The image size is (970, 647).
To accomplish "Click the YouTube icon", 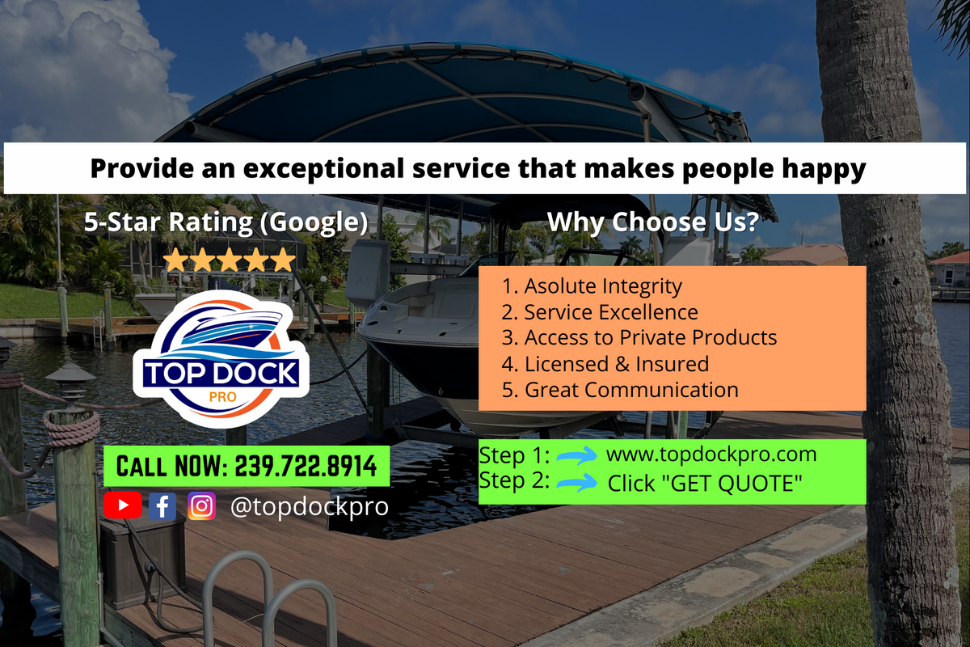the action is click(123, 505).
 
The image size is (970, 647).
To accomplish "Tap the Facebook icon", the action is click(162, 505).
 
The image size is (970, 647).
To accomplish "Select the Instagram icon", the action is click(201, 505).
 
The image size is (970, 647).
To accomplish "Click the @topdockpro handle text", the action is click(310, 506).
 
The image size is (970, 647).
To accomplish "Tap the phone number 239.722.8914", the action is click(306, 467).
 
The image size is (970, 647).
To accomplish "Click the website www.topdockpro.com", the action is click(711, 455).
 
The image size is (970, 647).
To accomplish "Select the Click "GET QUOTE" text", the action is click(705, 483).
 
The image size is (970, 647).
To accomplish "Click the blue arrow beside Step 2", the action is click(576, 482).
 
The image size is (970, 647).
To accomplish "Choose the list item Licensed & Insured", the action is click(605, 364).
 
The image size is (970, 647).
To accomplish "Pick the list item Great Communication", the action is click(620, 390).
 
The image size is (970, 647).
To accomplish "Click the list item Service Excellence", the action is click(600, 312).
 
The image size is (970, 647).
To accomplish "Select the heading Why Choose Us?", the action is click(653, 222).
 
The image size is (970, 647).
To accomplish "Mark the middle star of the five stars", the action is click(230, 260).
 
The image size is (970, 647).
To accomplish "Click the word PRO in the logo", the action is click(222, 397).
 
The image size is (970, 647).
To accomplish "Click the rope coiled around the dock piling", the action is click(71, 429).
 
